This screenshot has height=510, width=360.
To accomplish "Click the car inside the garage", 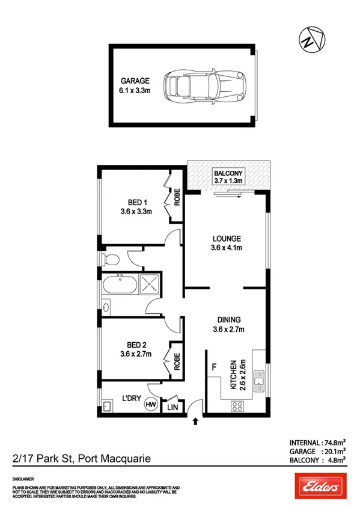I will (x=205, y=84).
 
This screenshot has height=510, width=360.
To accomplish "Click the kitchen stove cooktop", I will (x=237, y=408).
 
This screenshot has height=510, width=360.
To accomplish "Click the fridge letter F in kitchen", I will (x=213, y=365).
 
